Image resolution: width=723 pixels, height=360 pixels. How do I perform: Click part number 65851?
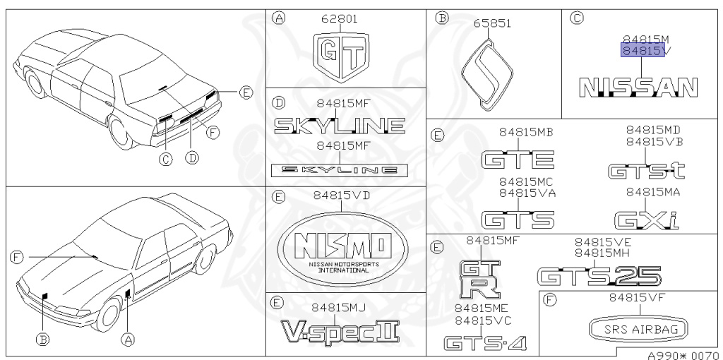[493, 23]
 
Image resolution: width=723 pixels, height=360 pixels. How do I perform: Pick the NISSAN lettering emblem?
[638, 87]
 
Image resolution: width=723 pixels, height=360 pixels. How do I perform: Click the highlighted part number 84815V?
[643, 50]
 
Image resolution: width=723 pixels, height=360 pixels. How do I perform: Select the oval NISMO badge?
[342, 248]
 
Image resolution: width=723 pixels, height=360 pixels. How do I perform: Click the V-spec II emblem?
[340, 331]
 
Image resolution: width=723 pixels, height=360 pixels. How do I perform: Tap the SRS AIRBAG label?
[638, 330]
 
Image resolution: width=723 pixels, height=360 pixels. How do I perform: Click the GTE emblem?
[517, 159]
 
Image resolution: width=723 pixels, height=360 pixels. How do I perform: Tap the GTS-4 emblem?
[484, 343]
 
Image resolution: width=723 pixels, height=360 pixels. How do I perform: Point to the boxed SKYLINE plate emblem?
[340, 169]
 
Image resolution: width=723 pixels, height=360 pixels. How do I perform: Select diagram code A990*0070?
[681, 354]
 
